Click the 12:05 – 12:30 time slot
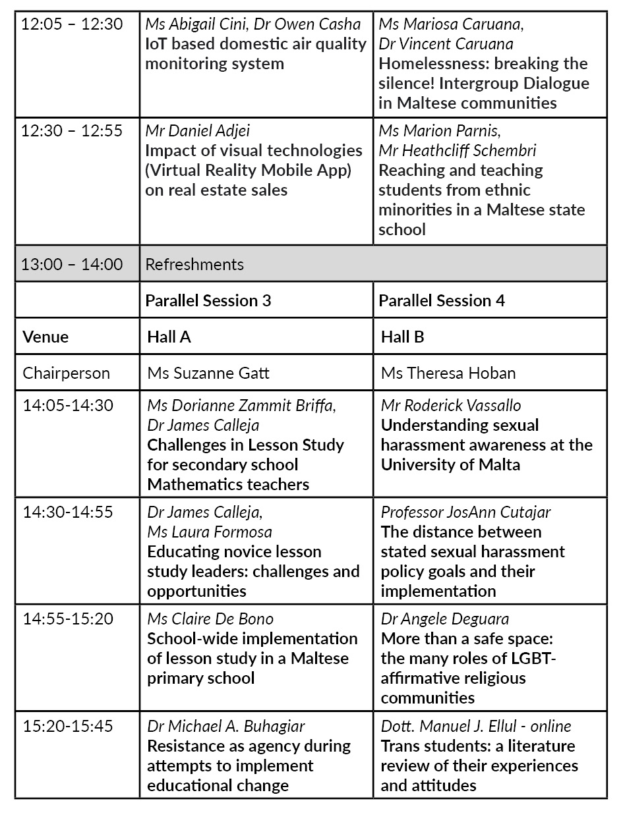click(x=72, y=24)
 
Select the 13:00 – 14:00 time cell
click(x=72, y=264)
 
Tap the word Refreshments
click(x=194, y=264)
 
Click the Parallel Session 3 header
click(x=208, y=300)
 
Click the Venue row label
click(x=45, y=337)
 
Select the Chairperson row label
click(x=67, y=373)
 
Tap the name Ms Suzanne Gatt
click(x=208, y=373)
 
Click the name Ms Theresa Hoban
click(x=448, y=373)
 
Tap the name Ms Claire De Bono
click(x=210, y=619)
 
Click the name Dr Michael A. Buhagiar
click(x=226, y=726)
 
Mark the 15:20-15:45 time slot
click(x=68, y=726)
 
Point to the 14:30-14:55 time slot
click(x=68, y=512)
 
